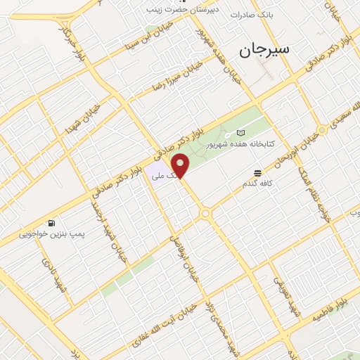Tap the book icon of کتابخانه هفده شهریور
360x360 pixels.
click(x=241, y=133)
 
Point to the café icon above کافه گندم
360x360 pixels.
click(x=258, y=172)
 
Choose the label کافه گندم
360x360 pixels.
click(x=259, y=184)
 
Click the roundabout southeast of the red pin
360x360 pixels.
click(x=206, y=213)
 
